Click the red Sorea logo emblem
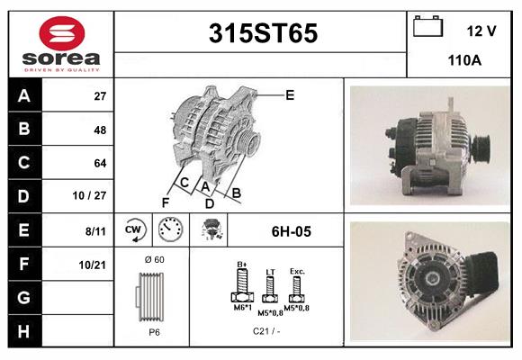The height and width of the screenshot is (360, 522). [62, 33]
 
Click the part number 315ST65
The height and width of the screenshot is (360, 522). [263, 33]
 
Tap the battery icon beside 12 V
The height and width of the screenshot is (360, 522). [427, 26]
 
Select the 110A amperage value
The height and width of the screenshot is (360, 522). [464, 60]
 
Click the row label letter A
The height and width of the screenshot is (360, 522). [24, 96]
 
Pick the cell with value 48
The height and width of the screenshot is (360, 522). [100, 130]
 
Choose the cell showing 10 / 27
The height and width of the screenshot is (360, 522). [89, 195]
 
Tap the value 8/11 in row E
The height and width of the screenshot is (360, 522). [95, 231]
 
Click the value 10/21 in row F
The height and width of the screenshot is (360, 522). [92, 265]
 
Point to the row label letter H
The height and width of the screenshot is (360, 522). [23, 331]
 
